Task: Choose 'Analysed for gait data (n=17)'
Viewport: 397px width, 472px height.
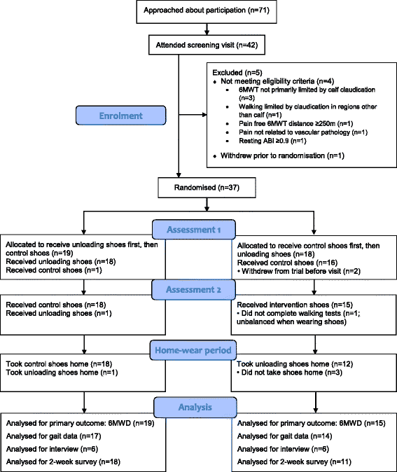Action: pos(55,437)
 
